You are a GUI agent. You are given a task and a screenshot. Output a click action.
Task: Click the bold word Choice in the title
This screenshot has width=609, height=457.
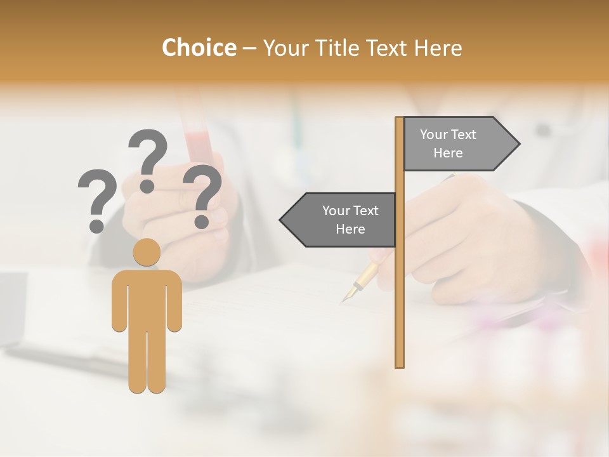coord(199,48)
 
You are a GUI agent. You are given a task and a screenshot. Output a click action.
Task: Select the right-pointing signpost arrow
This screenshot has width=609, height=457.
coord(460,144)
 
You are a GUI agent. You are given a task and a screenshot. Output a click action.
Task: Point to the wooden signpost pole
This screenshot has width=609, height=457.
coord(400,286)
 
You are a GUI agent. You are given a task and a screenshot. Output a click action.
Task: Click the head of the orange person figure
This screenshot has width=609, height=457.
coord(147,252)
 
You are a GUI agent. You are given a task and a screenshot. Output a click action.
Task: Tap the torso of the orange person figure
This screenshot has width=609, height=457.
coord(147,298)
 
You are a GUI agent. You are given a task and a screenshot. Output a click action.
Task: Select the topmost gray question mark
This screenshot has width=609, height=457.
coord(148,159)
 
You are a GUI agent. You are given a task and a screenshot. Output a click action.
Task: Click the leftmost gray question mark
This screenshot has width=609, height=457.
coord(97,199)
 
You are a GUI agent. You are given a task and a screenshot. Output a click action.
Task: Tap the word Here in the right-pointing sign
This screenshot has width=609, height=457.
coord(448,153)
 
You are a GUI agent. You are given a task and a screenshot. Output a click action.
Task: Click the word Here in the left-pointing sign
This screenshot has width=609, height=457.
coord(350,229)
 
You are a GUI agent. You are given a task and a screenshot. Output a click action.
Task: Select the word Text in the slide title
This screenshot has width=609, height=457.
coord(388,48)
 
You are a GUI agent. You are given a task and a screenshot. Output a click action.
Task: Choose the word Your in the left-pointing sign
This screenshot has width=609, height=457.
coord(333,211)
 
